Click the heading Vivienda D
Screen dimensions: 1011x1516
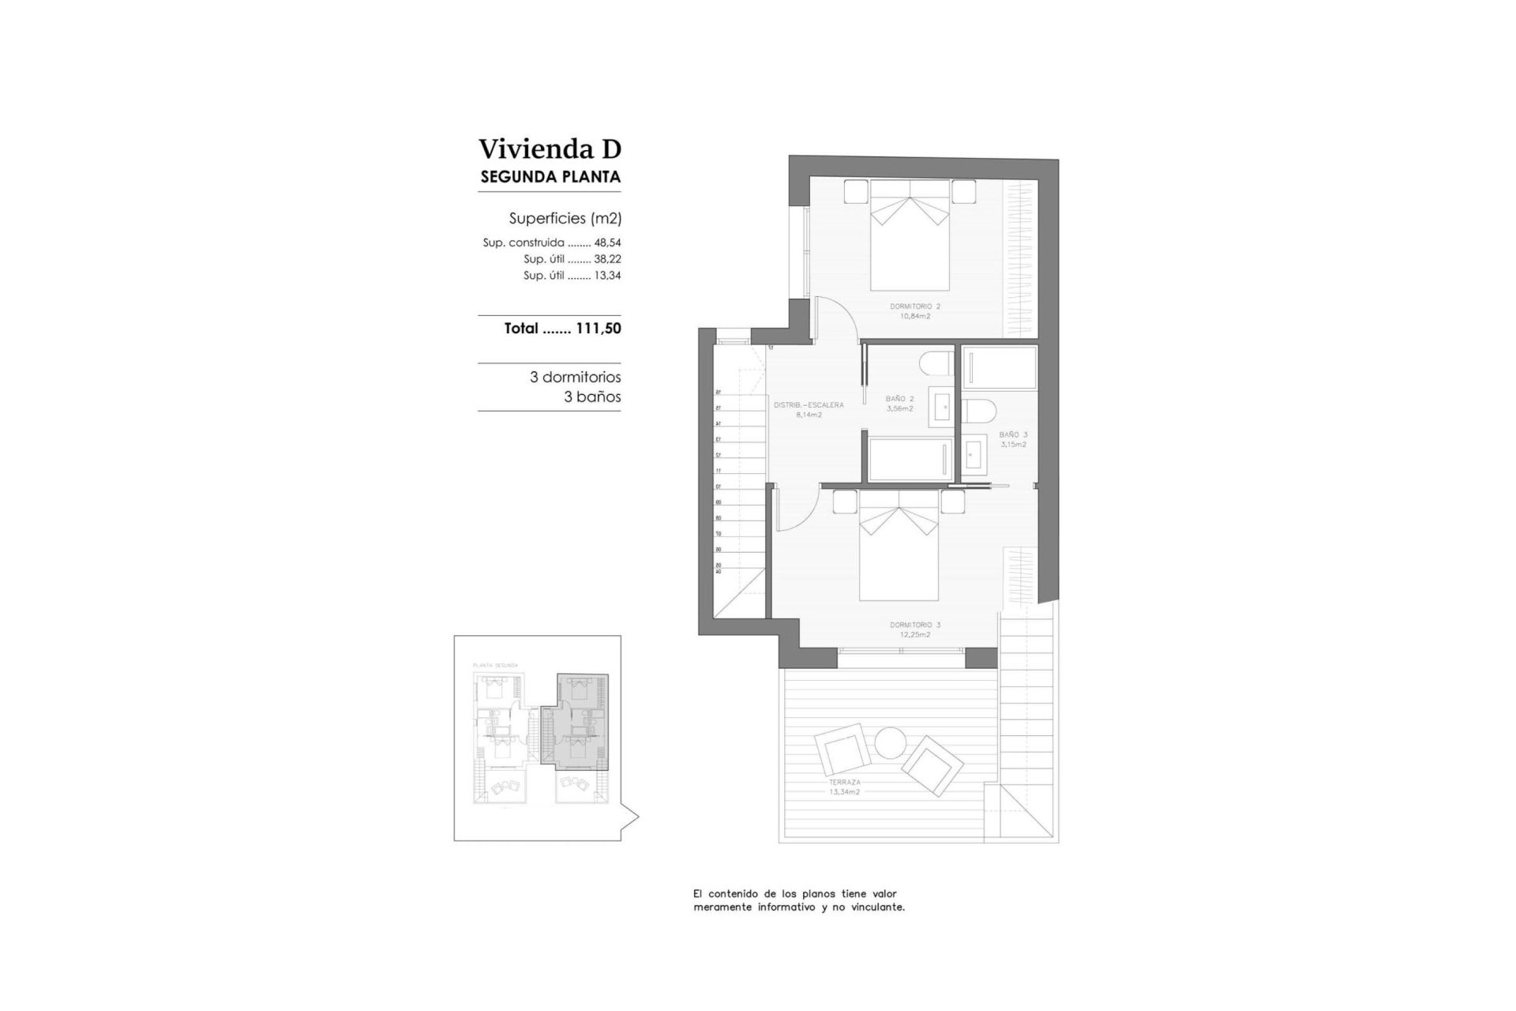click(550, 148)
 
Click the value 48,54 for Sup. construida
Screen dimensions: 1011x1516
click(607, 243)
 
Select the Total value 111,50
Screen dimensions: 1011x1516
click(599, 329)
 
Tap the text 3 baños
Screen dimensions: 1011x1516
click(592, 397)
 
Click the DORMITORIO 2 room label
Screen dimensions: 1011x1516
click(915, 306)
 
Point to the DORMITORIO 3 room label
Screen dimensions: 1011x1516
click(915, 625)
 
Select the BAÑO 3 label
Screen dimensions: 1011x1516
click(1013, 434)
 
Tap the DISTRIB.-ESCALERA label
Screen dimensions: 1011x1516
click(809, 405)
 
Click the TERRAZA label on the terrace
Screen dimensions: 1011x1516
click(844, 782)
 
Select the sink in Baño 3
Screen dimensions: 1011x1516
click(974, 455)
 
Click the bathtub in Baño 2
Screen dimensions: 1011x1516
click(909, 459)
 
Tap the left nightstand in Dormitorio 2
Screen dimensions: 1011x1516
click(855, 192)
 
